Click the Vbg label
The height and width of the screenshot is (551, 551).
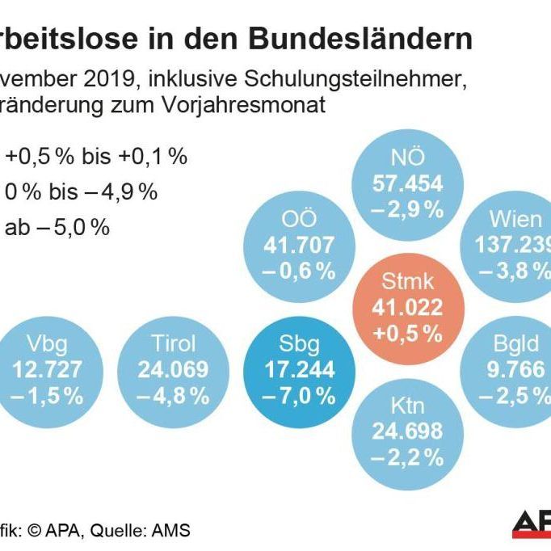[x=47, y=344]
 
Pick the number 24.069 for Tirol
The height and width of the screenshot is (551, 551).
[x=174, y=370]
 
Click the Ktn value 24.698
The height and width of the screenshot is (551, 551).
[x=407, y=431]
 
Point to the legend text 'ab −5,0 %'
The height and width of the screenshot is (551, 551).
[x=57, y=228]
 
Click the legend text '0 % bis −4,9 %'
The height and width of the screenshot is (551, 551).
[x=81, y=192]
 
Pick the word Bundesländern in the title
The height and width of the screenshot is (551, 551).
[x=360, y=38]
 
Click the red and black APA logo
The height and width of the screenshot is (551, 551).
[x=531, y=524]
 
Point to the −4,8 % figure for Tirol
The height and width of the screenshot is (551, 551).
[x=174, y=396]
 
